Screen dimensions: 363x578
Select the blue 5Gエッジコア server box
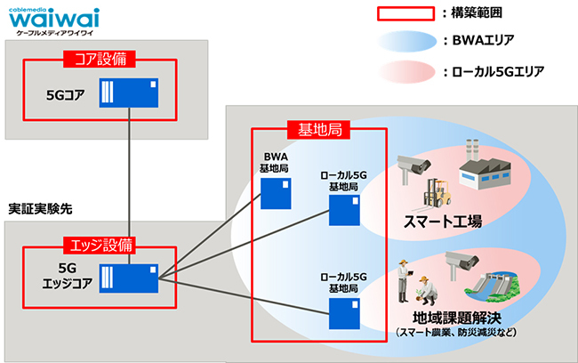130,278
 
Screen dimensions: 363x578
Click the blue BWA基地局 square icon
274,192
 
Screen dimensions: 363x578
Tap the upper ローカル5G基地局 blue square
343,211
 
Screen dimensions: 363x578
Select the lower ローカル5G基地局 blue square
343,313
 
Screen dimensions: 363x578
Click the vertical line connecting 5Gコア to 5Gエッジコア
130,178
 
